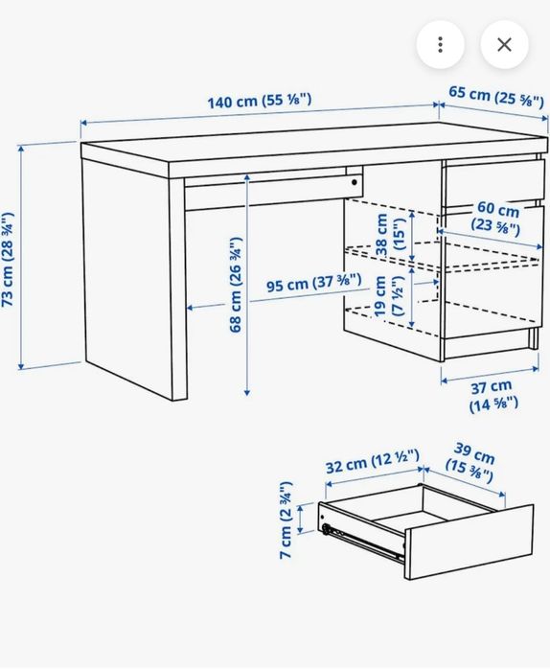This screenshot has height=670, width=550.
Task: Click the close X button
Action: click(504, 44)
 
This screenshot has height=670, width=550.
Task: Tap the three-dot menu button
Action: click(440, 44)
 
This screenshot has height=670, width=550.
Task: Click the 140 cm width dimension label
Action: click(260, 100)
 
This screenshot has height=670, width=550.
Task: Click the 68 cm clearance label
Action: click(236, 285)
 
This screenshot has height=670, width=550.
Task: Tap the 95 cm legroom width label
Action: click(313, 283)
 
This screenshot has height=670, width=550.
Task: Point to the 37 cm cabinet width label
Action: click(493, 395)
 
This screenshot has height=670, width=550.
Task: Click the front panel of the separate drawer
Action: click(470, 542)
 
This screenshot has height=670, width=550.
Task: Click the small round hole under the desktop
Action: click(354, 181)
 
